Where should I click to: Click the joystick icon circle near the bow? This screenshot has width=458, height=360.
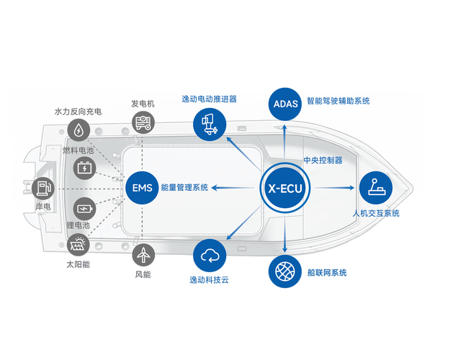click(377, 188)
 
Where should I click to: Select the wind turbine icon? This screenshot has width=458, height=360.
click(143, 254)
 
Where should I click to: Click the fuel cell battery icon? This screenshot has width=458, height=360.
click(85, 168)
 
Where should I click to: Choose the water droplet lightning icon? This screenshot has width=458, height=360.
click(78, 130)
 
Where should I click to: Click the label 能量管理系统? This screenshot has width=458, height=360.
click(185, 188)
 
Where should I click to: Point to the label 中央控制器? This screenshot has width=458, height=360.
click(322, 160)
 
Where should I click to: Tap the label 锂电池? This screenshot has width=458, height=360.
click(77, 225)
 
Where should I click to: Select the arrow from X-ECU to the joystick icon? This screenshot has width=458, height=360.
click(336, 188)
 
